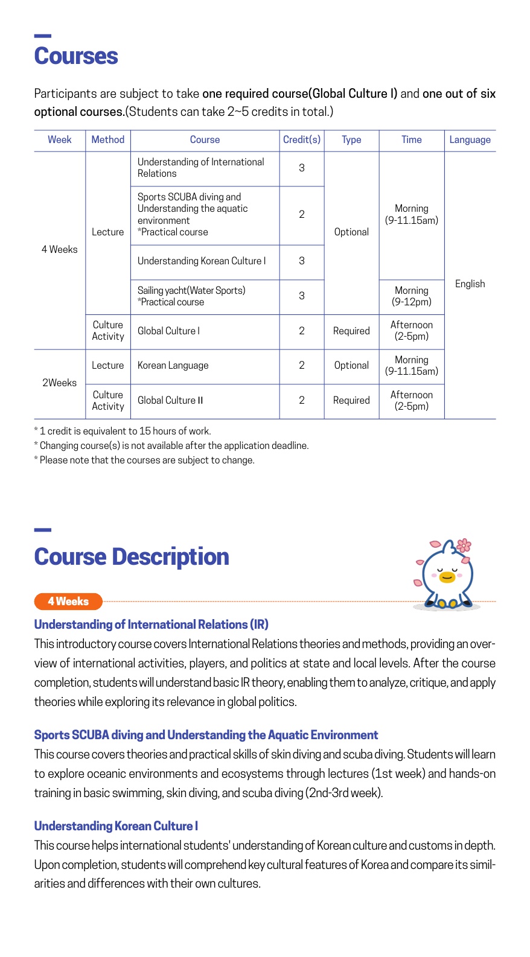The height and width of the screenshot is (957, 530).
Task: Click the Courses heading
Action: pyautogui.click(x=76, y=56)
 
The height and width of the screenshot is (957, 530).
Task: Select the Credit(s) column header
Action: pyautogui.click(x=302, y=139)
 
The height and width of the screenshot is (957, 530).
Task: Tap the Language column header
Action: pyautogui.click(x=470, y=139)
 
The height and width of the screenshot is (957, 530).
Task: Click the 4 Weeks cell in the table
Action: pyautogui.click(x=59, y=249)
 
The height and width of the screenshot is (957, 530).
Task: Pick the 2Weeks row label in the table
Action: pyautogui.click(x=59, y=383)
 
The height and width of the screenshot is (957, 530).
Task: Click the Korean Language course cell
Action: pyautogui.click(x=173, y=366)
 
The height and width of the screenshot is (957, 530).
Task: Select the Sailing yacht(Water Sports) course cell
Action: pyautogui.click(x=191, y=296)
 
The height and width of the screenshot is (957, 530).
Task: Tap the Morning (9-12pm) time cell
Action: pyautogui.click(x=412, y=296)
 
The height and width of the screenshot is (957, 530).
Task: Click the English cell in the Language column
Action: pyautogui.click(x=470, y=284)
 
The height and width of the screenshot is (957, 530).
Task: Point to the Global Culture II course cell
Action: pyautogui.click(x=170, y=400)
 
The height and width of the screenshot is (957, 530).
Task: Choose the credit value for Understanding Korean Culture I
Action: pyautogui.click(x=302, y=261)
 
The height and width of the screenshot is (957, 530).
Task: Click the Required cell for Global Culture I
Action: pyautogui.click(x=351, y=331)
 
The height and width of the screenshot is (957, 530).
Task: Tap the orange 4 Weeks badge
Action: pyautogui.click(x=68, y=602)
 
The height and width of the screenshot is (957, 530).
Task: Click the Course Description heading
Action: pyautogui.click(x=132, y=557)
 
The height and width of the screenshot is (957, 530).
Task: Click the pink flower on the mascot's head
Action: pyautogui.click(x=464, y=545)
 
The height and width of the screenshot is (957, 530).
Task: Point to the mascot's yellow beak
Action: pyautogui.click(x=447, y=577)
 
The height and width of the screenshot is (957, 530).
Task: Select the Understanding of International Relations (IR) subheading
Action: pyautogui.click(x=151, y=625)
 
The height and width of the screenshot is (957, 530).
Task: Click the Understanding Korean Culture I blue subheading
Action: pyautogui.click(x=116, y=826)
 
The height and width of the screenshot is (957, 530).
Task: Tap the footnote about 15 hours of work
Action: pyautogui.click(x=123, y=431)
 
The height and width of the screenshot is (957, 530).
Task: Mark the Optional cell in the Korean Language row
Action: pyautogui.click(x=351, y=366)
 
